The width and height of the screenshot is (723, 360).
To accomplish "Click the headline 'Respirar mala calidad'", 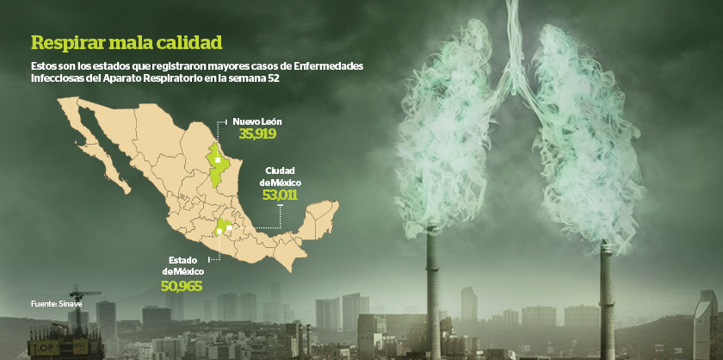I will coord(126,42).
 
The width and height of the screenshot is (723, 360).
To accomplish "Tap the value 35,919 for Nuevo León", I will coord(256,134).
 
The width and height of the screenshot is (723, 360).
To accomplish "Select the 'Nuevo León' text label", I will coord(257,121).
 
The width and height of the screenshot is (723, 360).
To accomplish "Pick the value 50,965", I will coord(182,285).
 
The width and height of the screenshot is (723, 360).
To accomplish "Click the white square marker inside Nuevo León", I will coord(219,160).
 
